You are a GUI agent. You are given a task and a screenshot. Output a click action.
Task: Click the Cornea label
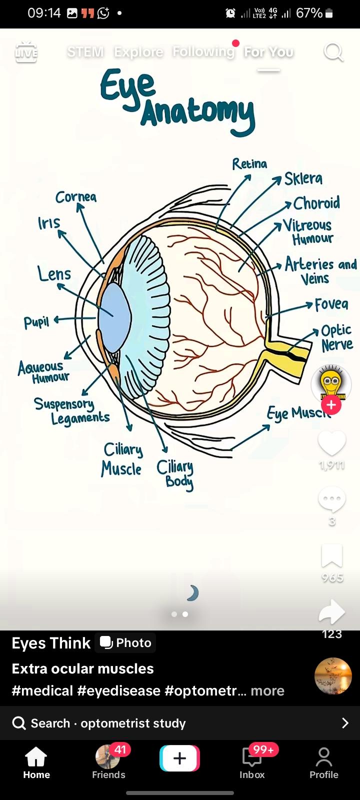point(76,197)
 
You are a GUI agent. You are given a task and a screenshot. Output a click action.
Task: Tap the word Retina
point(249,164)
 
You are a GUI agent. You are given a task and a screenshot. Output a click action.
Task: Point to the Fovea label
point(331,304)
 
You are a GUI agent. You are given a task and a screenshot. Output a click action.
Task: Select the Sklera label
point(303,178)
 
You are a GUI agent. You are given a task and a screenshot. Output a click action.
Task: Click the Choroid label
point(316,203)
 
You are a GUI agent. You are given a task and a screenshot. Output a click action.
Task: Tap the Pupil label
point(36,322)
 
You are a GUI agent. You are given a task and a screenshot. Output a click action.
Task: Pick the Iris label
point(49,223)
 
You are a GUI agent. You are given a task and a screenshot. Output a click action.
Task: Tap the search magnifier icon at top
point(333,51)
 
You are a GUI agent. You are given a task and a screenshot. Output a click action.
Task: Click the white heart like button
point(332,442)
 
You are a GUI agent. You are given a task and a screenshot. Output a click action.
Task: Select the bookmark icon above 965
point(332,556)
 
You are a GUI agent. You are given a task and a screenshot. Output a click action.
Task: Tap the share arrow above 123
point(332,612)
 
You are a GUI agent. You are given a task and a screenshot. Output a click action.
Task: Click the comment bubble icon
point(332,499)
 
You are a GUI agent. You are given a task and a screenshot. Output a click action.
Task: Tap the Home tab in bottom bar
point(36,763)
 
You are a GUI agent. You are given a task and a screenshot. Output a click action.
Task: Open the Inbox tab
point(252,763)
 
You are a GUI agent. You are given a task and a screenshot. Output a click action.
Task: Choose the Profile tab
point(324,763)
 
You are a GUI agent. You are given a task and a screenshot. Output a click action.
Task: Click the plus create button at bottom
point(179,758)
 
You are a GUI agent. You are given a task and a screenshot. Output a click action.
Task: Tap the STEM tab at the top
point(85,51)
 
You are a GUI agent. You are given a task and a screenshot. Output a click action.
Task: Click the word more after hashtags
point(267,690)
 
